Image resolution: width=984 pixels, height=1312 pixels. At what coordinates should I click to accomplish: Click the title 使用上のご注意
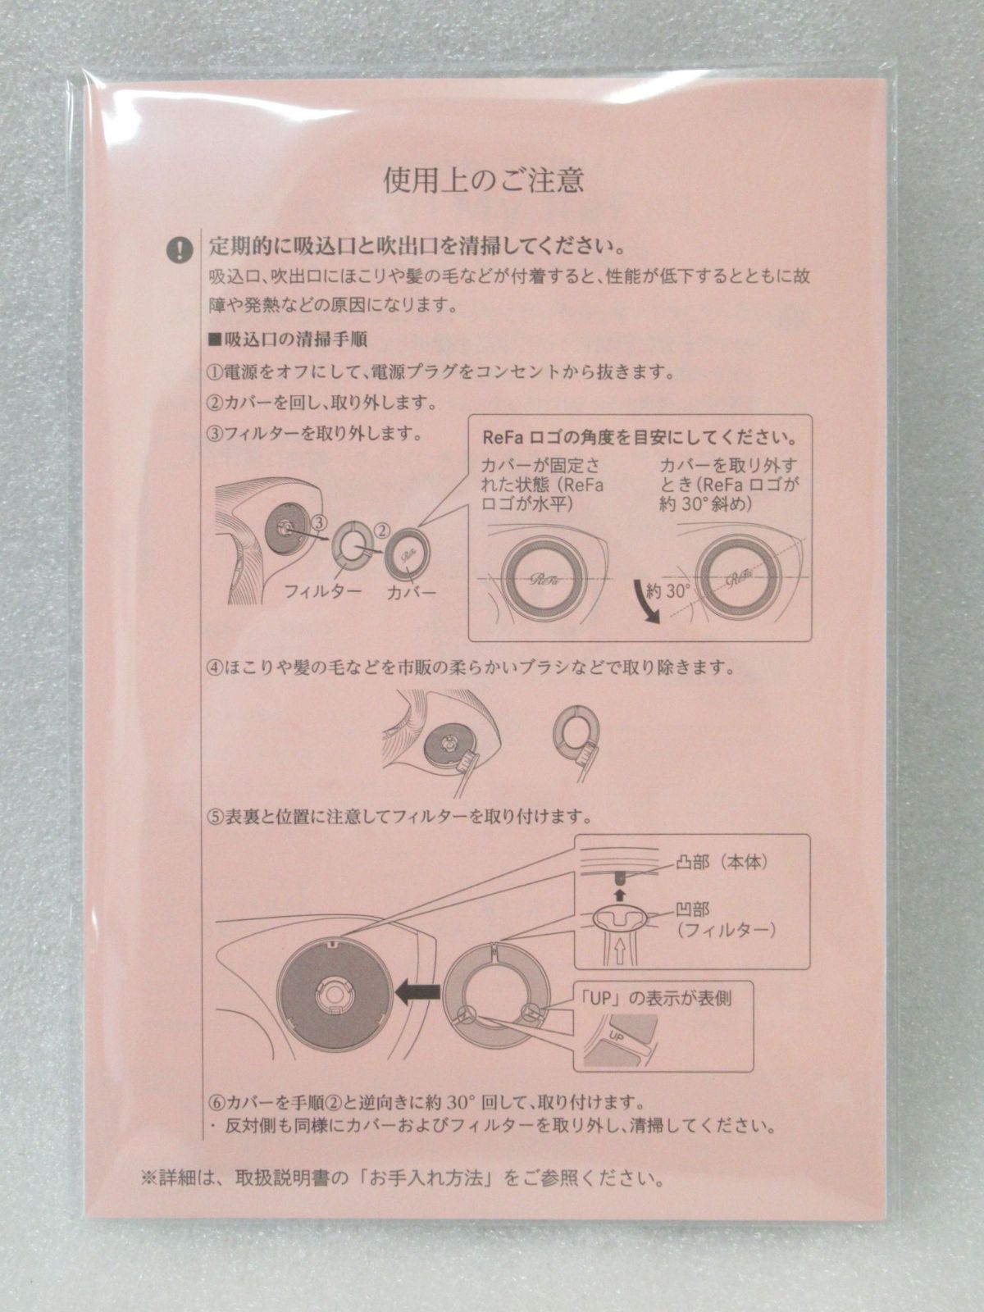(x=484, y=180)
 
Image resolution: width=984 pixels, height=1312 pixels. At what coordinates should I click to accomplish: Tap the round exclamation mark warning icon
(x=179, y=249)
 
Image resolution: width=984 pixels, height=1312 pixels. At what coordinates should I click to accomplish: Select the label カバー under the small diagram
(x=412, y=590)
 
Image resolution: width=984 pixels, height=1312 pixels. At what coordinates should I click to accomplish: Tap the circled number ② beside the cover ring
(x=380, y=531)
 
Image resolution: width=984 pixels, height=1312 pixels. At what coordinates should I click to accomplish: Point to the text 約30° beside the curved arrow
(x=667, y=588)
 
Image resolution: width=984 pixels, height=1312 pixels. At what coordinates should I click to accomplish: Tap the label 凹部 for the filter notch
(x=694, y=909)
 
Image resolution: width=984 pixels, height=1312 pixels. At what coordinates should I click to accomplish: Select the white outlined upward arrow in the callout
(x=620, y=950)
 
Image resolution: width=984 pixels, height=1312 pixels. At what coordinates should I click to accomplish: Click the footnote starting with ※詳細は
(x=402, y=1179)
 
